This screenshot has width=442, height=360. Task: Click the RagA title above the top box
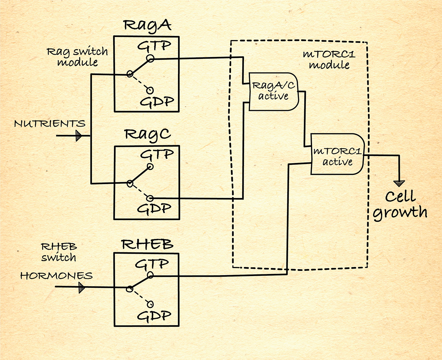[x=147, y=25]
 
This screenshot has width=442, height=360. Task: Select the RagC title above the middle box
[x=147, y=135]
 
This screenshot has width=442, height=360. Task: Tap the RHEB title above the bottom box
[x=147, y=244]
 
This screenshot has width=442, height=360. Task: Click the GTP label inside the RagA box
[x=154, y=46]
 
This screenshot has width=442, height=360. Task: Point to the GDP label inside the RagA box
[x=157, y=102]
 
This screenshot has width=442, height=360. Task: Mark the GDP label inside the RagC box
[x=154, y=208]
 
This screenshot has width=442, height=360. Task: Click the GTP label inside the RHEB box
[x=152, y=263]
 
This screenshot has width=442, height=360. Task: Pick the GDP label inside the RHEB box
[x=154, y=316]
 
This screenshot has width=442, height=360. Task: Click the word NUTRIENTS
[x=50, y=124]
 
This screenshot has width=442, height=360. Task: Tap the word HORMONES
[x=56, y=276]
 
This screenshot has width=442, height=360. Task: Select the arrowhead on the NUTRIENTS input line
[x=78, y=136]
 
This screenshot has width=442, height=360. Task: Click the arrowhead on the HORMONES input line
[x=81, y=287]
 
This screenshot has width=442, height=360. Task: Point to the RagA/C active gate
[x=273, y=91]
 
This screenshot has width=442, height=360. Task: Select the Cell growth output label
[x=400, y=204]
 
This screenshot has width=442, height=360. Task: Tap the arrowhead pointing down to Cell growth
[x=399, y=183]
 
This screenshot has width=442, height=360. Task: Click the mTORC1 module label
[x=329, y=59]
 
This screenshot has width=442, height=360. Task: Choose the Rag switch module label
[x=77, y=57]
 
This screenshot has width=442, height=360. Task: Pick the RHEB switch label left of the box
[x=59, y=252]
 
